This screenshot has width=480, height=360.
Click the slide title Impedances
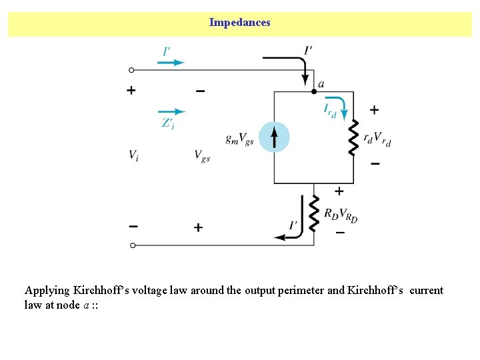point(239,23)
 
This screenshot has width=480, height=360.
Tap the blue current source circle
point(274,137)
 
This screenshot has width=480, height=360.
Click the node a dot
point(314,91)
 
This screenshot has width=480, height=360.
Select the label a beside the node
point(321,84)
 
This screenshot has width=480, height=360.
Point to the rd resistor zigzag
point(353,137)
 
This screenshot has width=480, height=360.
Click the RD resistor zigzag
point(315,213)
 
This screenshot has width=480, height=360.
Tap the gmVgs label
point(239,139)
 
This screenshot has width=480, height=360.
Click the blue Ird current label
point(329,110)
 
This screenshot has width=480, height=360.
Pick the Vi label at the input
point(134,155)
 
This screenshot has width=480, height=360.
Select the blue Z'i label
point(167,123)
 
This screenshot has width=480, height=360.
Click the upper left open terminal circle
point(132,69)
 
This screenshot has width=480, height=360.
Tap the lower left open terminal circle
point(132,245)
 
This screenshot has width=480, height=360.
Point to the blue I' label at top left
point(167,51)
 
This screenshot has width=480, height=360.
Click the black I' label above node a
point(308,49)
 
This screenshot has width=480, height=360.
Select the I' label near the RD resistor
point(293,225)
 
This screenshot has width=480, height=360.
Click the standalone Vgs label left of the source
point(202,155)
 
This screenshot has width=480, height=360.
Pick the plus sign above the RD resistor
point(339,191)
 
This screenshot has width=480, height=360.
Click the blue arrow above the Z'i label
point(171,111)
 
